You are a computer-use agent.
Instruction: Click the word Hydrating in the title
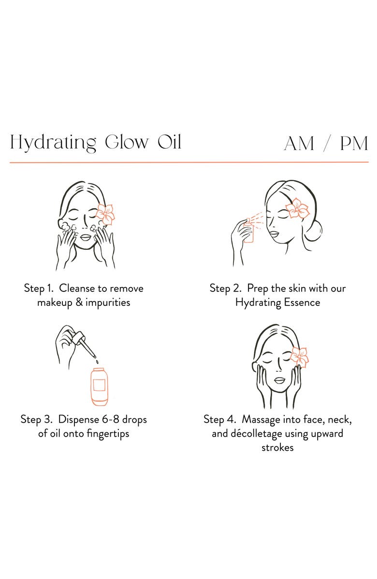(53, 143)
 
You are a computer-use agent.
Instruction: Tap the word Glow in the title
(127, 142)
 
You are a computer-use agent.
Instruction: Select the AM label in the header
(299, 143)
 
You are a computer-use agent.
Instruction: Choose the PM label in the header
(354, 143)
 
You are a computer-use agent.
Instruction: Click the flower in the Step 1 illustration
(105, 214)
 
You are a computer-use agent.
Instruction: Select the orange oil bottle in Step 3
(100, 387)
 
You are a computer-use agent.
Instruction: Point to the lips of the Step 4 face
(280, 381)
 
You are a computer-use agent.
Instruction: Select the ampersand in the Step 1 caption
(79, 303)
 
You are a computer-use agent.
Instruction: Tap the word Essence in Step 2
(302, 303)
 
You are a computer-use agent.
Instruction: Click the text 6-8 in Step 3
(111, 419)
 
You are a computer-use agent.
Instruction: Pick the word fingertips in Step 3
(108, 434)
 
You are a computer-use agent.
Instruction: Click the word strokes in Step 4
(277, 447)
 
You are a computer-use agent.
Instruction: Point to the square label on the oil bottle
(100, 385)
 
